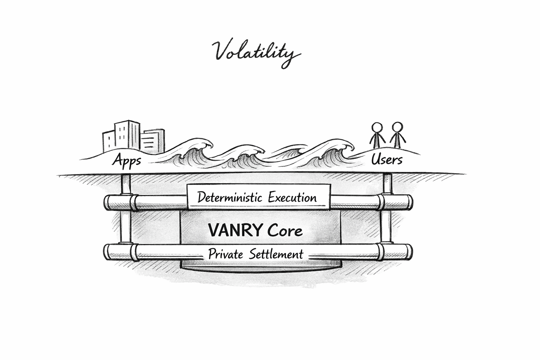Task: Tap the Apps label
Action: click(127, 161)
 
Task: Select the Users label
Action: click(387, 160)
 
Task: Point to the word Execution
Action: click(292, 197)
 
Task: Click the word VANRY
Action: click(235, 231)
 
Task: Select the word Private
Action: click(225, 254)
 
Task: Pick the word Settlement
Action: click(276, 254)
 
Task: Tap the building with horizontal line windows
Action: click(153, 142)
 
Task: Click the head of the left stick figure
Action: click(377, 127)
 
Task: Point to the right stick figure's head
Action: click(397, 127)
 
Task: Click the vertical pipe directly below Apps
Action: click(126, 184)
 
